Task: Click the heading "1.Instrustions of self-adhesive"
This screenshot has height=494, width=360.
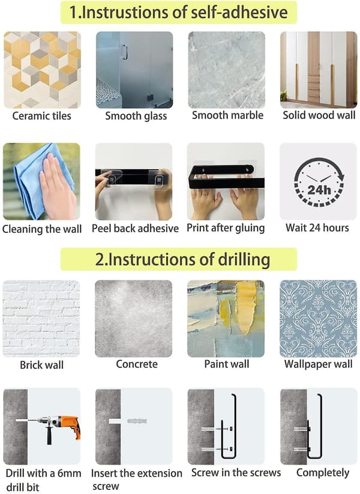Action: [x=178, y=12]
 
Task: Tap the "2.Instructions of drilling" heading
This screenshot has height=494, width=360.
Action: [x=182, y=259]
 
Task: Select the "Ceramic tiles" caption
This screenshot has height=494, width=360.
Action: [x=41, y=116]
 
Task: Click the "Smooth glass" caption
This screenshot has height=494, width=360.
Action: [x=136, y=116]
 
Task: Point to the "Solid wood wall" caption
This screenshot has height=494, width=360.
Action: [x=319, y=115]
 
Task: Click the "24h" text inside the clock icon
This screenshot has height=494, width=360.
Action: [x=319, y=190]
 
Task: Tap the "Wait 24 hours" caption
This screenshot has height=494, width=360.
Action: [x=317, y=227]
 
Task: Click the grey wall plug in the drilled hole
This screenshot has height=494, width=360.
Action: [x=137, y=421]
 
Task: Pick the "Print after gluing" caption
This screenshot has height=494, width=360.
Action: [x=226, y=227]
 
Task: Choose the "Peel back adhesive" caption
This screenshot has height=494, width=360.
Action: [x=135, y=228]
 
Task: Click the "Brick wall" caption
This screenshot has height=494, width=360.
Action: [x=41, y=365]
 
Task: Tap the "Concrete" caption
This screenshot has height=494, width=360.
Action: [x=137, y=364]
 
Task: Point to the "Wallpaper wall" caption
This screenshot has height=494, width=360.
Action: [x=318, y=364]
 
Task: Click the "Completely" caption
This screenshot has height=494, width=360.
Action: [x=323, y=472]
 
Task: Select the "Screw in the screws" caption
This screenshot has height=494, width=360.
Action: [x=236, y=472]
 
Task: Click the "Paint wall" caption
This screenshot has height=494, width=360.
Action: [x=227, y=364]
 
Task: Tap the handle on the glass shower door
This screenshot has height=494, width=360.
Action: [x=125, y=52]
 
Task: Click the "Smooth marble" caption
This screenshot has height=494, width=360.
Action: [x=228, y=115]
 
